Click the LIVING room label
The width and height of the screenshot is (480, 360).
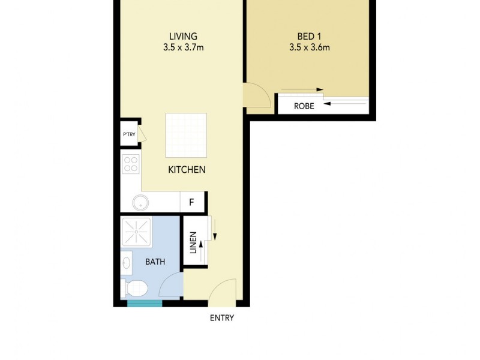point(183,36)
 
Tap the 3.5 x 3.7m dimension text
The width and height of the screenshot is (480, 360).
point(183,47)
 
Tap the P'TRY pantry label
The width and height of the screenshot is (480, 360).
point(128,134)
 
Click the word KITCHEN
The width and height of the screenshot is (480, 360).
point(187,170)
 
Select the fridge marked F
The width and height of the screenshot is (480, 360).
point(192,202)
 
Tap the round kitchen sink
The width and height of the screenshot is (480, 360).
point(139,202)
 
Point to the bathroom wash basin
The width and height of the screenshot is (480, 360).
point(126,263)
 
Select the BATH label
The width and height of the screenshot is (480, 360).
point(155,262)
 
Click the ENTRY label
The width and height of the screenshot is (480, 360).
point(221,318)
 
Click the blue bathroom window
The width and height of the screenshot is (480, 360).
point(145,304)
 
